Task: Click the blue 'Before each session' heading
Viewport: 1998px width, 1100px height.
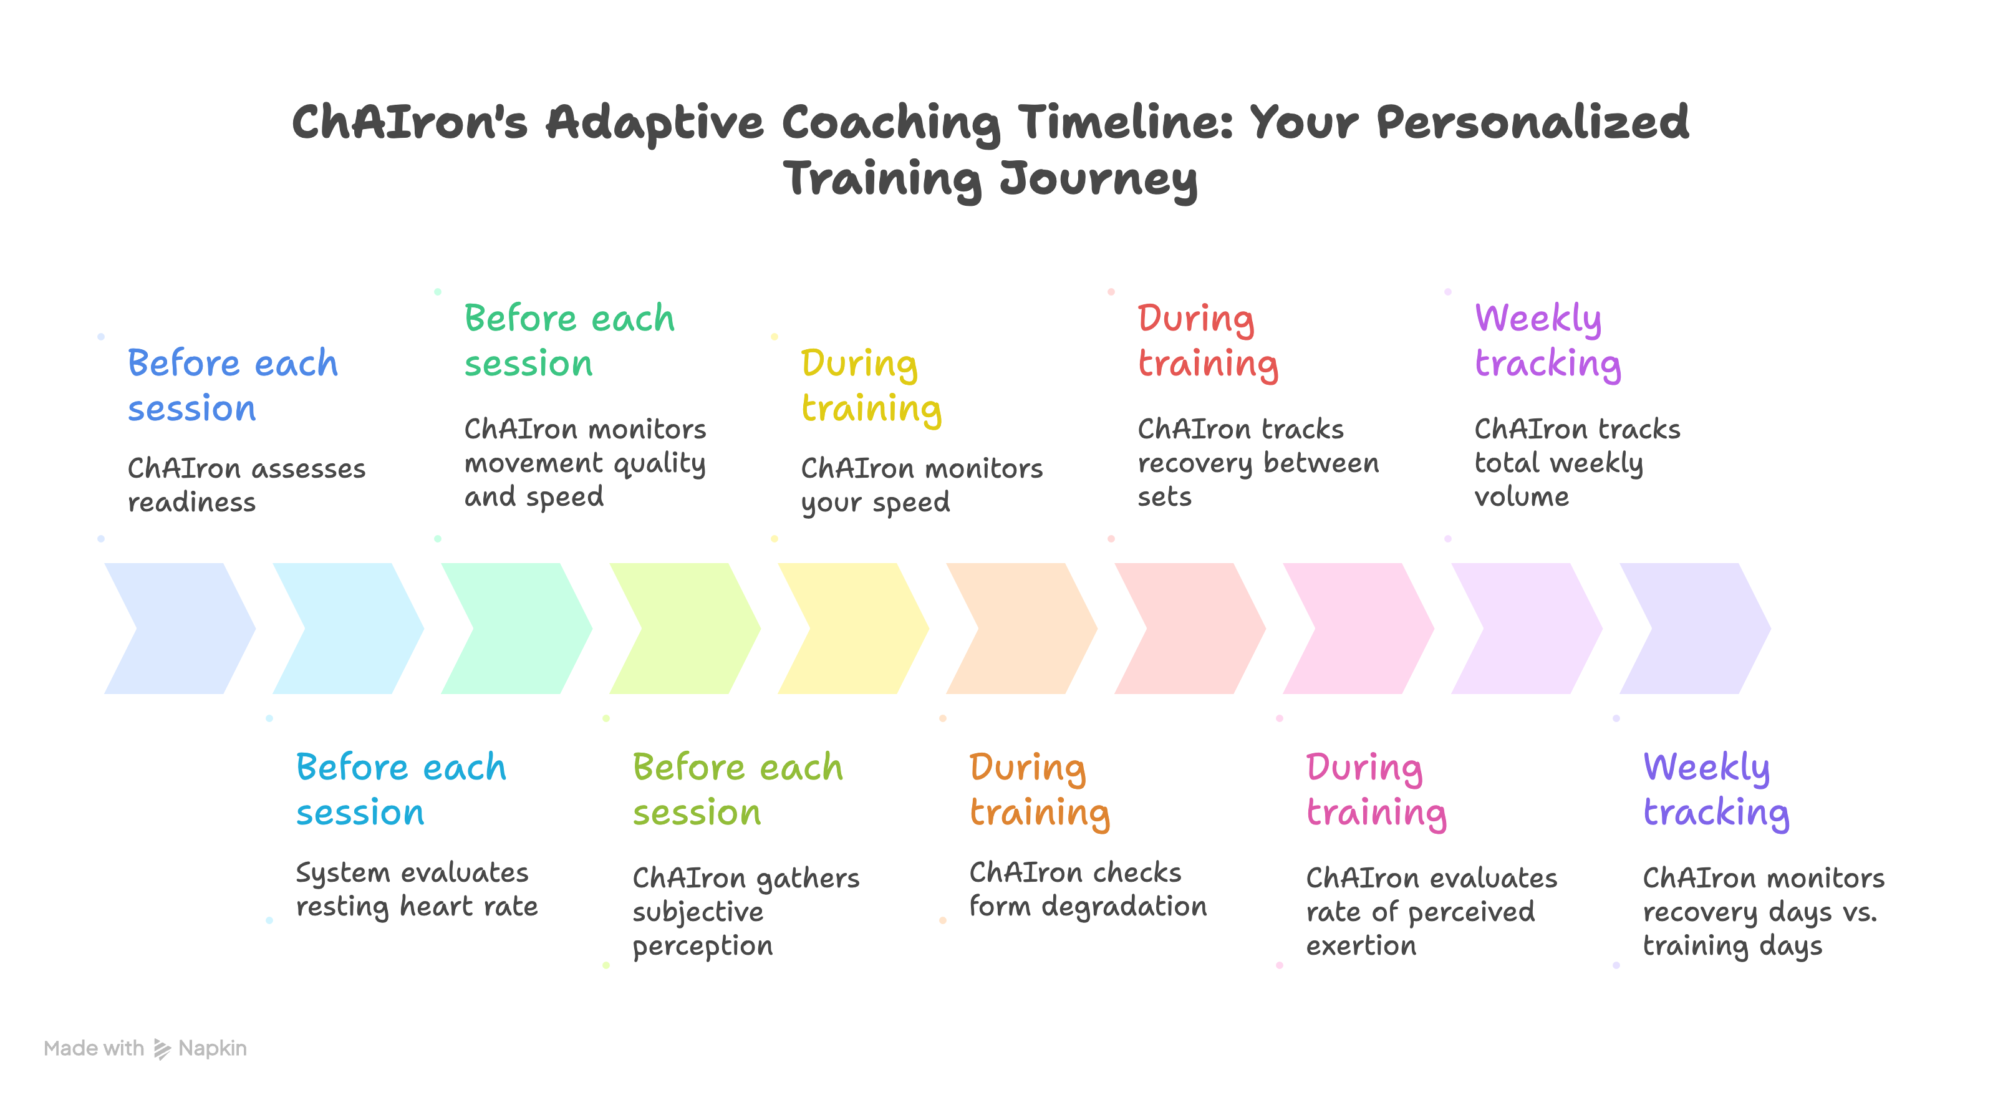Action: (232, 385)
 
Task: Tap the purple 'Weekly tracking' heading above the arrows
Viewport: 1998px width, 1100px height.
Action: (1547, 340)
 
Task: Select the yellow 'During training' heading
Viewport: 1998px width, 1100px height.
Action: (871, 385)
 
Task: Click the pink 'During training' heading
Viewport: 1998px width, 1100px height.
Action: (1376, 789)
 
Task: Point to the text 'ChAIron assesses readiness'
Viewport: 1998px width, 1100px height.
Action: (246, 485)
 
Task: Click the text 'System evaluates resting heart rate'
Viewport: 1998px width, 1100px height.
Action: (417, 889)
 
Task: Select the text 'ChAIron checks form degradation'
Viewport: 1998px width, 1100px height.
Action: (1088, 889)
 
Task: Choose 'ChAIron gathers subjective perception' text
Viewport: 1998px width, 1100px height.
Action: (745, 912)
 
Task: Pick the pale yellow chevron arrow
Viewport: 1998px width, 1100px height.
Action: (853, 629)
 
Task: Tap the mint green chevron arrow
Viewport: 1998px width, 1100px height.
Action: (516, 629)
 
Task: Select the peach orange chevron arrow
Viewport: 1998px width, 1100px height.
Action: (1021, 629)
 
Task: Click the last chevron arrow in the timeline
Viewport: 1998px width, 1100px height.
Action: (1695, 629)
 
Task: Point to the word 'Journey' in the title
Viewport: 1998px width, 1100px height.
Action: (1098, 178)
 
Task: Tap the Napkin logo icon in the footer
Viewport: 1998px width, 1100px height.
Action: (162, 1049)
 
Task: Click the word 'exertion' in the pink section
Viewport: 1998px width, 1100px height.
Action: (1361, 945)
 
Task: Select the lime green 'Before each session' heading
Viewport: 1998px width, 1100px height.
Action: (737, 789)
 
